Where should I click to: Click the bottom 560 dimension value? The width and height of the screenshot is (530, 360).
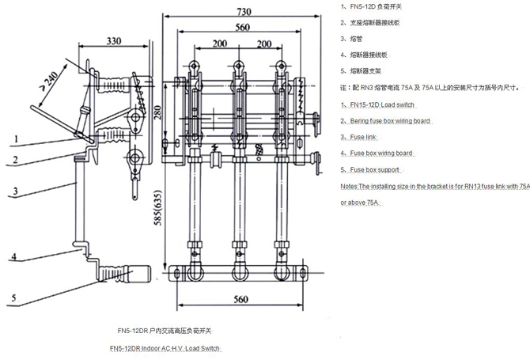[241, 298]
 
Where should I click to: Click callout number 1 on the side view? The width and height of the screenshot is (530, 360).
[14, 138]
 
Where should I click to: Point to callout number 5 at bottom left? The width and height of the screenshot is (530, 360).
[14, 298]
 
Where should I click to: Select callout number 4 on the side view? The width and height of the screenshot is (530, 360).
[14, 258]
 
